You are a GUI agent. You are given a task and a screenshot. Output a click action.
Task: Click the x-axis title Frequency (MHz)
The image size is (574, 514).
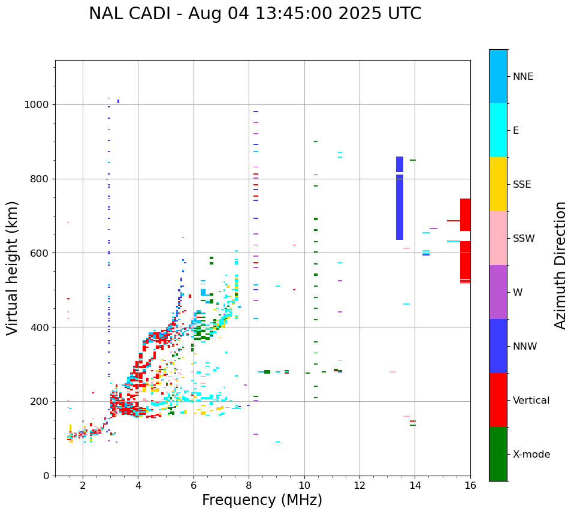pyautogui.click(x=262, y=500)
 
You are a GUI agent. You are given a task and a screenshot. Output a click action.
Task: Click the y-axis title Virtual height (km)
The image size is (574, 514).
pyautogui.click(x=13, y=267)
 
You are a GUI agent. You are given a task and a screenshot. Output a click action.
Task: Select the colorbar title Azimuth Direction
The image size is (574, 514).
pyautogui.click(x=560, y=265)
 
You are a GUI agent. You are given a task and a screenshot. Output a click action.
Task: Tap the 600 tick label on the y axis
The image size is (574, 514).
pyautogui.click(x=42, y=253)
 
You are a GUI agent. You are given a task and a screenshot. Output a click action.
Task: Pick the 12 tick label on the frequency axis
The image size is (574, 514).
pyautogui.click(x=359, y=486)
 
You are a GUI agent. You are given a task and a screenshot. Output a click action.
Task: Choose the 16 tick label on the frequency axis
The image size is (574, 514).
pyautogui.click(x=470, y=486)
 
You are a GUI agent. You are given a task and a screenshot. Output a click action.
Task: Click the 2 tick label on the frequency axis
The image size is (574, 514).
pyautogui.click(x=83, y=486)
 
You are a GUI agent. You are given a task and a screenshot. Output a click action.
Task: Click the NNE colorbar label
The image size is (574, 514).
pyautogui.click(x=522, y=77)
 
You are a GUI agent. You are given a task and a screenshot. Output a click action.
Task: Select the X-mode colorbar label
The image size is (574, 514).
pyautogui.click(x=531, y=455)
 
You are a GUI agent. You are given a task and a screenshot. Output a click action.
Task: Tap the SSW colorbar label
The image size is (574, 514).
pyautogui.click(x=524, y=239)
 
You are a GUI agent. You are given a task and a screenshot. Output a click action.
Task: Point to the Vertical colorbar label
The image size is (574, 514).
pyautogui.click(x=531, y=401)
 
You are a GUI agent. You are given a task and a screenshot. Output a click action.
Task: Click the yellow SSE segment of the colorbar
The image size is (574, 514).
pyautogui.click(x=498, y=184)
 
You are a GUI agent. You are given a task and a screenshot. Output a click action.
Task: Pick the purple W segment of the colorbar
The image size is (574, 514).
pyautogui.click(x=498, y=292)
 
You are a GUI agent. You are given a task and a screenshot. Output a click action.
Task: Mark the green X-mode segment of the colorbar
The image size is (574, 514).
pyautogui.click(x=498, y=454)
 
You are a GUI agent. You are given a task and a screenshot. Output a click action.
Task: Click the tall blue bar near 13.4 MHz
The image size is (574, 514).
pyautogui.click(x=400, y=198)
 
